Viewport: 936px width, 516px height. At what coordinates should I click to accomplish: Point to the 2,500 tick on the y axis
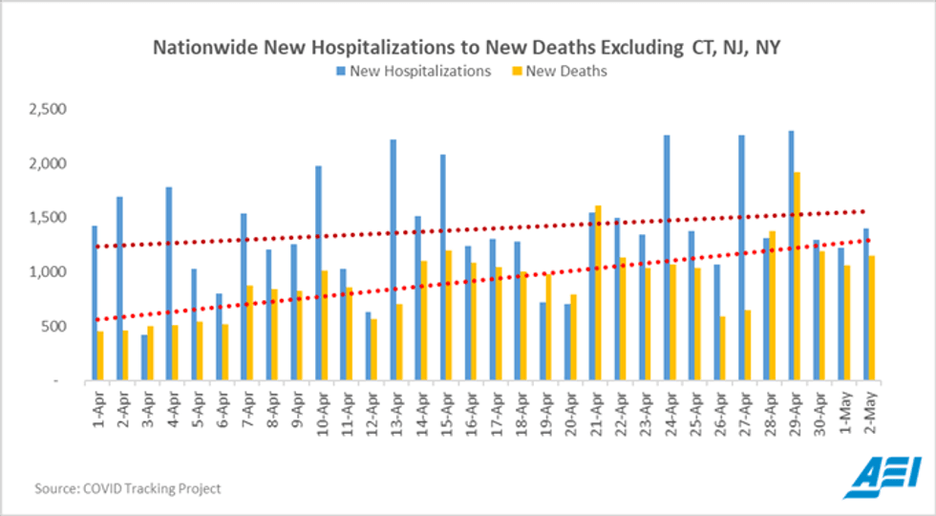(x=45, y=110)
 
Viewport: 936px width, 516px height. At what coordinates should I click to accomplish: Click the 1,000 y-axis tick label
(x=45, y=272)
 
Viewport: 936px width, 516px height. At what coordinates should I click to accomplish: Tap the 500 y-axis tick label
(x=51, y=327)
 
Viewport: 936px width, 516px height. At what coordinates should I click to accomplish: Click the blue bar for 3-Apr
(x=144, y=357)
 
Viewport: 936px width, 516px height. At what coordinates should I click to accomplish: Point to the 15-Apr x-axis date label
(x=445, y=411)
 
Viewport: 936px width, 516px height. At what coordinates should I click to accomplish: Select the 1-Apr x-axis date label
(x=96, y=411)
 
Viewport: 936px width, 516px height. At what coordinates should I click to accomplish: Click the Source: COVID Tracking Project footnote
(x=128, y=488)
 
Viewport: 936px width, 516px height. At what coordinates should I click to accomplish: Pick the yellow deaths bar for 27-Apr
(x=748, y=345)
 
